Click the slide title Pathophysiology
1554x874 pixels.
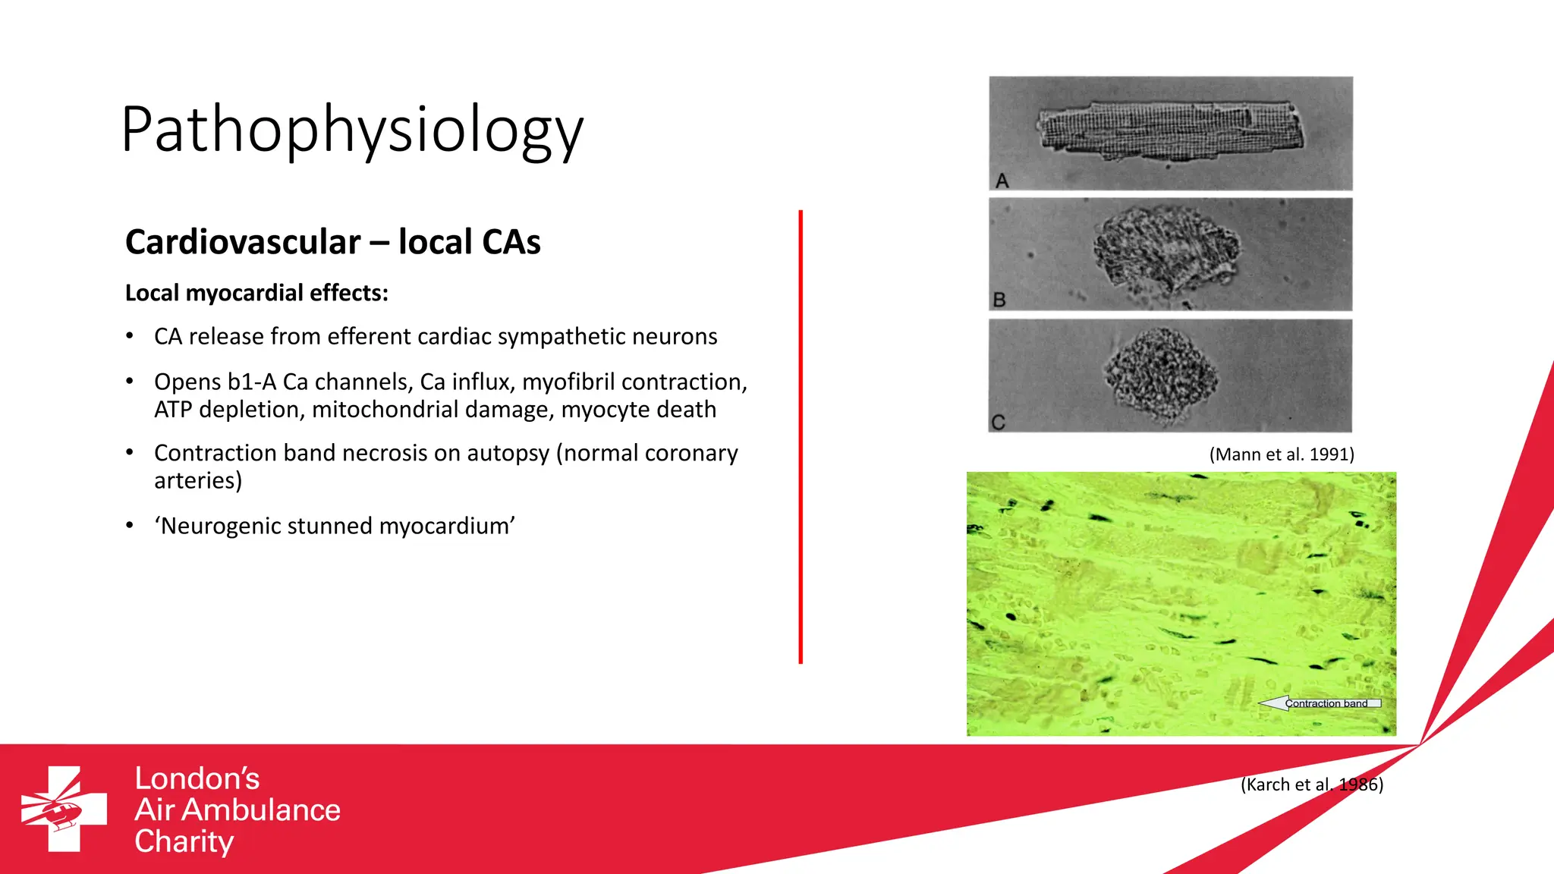[352, 130]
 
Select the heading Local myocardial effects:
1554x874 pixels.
[256, 293]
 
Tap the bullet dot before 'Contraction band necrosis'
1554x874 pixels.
[131, 452]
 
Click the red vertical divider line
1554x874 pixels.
[801, 436]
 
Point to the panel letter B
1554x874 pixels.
[999, 300]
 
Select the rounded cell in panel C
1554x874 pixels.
[1160, 373]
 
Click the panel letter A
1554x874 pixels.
[1002, 181]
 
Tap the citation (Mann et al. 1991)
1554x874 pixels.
[1281, 454]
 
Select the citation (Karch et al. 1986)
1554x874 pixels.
[1311, 784]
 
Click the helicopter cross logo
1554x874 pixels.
[64, 809]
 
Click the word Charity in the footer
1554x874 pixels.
[184, 842]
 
